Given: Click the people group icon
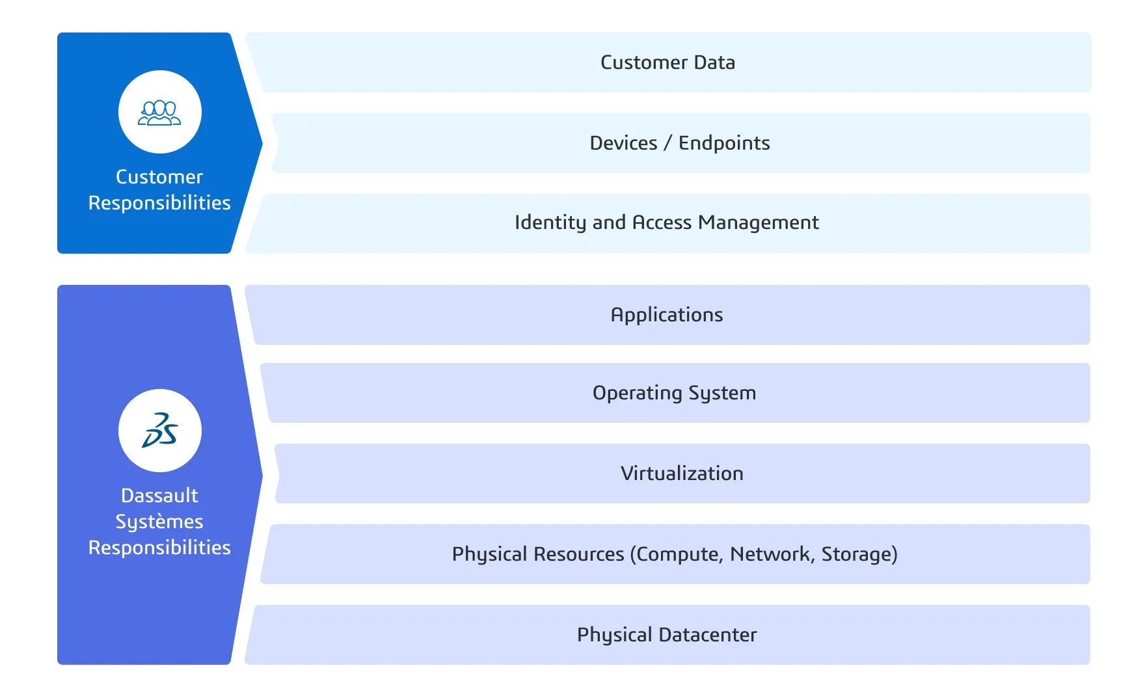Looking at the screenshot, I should [x=159, y=113].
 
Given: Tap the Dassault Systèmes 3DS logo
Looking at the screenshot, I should [x=159, y=430].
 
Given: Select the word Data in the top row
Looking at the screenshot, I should [x=714, y=62].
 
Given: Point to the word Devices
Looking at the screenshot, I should [x=623, y=143].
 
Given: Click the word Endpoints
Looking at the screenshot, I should [x=724, y=143].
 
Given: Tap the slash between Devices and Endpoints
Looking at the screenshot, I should [x=667, y=143].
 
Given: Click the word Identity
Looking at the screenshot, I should [x=550, y=222].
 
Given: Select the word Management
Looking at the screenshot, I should [x=758, y=222].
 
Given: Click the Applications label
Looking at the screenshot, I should [x=667, y=315].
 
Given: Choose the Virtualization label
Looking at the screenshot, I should [x=682, y=474].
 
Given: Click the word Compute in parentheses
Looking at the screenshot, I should [x=677, y=554].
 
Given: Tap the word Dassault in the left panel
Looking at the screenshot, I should [x=159, y=496].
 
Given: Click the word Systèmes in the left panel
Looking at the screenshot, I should [x=159, y=522].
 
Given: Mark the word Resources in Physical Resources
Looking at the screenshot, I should [x=578, y=554].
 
